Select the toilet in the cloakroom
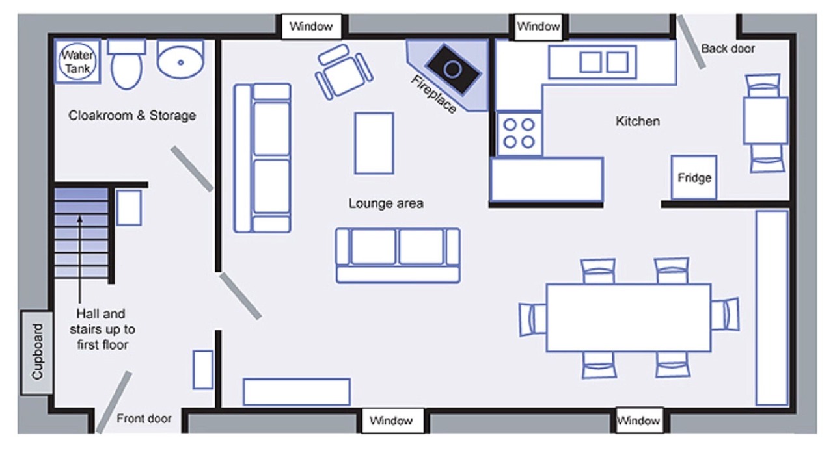pos(126,64)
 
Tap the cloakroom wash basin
pos(181,59)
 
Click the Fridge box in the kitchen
pos(694,177)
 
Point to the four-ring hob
pos(519,134)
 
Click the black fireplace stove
pos(453,70)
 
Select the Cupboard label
pos(37,352)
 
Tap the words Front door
pos(144,419)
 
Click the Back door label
pos(728,49)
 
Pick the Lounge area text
pos(386,203)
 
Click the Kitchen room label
pos(638,121)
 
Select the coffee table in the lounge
pos(374,143)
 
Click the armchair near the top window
pos(344,72)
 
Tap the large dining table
pos(629,318)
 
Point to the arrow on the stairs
pos(79,259)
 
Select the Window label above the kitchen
pos(538,27)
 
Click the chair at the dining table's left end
pos(532,320)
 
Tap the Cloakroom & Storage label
pos(132,116)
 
